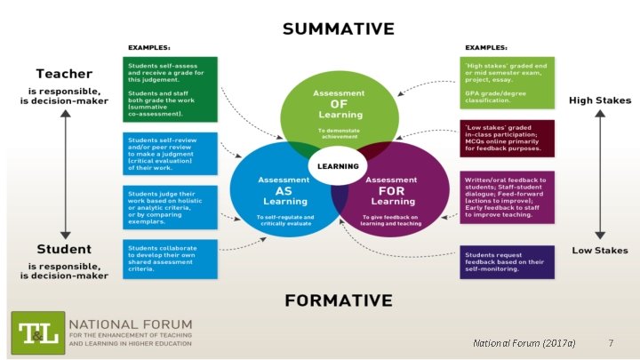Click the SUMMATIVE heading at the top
pyautogui.click(x=338, y=28)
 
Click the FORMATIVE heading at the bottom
pyautogui.click(x=338, y=300)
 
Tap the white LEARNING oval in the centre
pyautogui.click(x=338, y=165)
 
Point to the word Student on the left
pyautogui.click(x=64, y=250)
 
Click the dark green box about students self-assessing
pyautogui.click(x=170, y=89)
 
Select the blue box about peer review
pyautogui.click(x=170, y=153)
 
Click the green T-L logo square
pyautogui.click(x=36, y=332)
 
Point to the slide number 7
pyautogui.click(x=610, y=342)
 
